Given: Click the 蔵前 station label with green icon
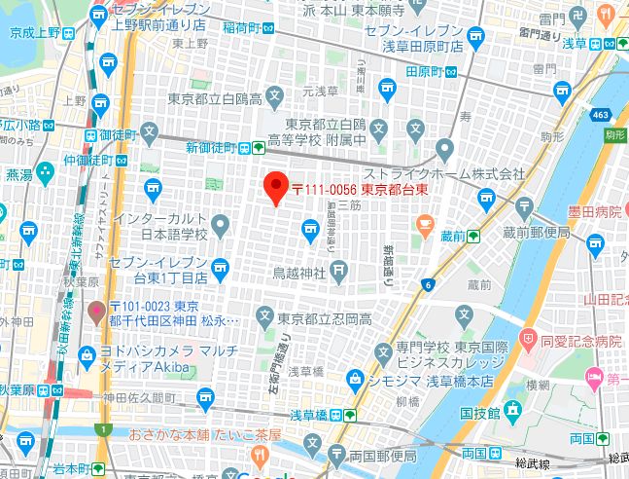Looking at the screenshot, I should tap(451, 236).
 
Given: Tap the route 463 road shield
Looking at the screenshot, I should tap(598, 116).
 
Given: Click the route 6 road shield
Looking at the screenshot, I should tap(428, 284).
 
